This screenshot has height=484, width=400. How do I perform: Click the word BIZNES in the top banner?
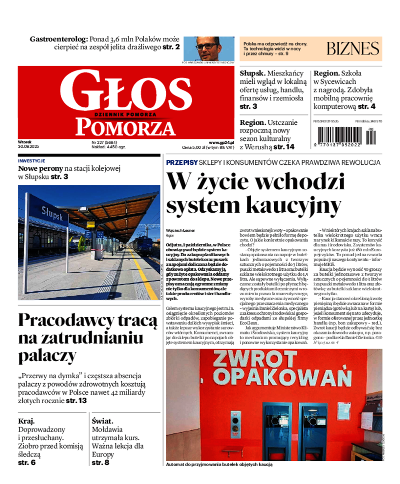(353, 48)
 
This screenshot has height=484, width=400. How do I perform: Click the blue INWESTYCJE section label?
(31, 161)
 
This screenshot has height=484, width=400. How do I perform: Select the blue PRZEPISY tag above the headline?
(181, 162)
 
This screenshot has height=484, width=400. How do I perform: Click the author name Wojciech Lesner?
(181, 230)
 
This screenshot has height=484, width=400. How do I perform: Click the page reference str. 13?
(76, 401)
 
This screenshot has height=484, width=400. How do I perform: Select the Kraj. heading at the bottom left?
(26, 421)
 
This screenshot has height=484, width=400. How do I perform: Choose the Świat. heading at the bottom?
(102, 421)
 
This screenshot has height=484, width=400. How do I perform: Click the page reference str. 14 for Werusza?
(284, 147)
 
